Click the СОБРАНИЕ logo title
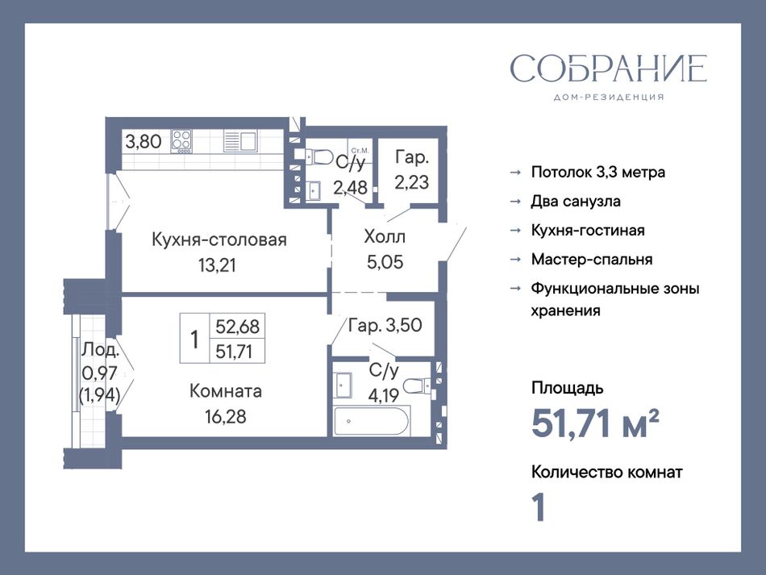click(x=608, y=69)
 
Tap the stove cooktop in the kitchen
click(x=181, y=142)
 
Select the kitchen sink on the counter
click(x=240, y=141)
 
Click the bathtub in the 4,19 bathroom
click(x=372, y=421)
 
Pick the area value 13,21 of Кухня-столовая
click(x=217, y=265)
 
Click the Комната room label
click(x=225, y=391)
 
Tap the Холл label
click(x=385, y=237)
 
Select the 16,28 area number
click(x=225, y=417)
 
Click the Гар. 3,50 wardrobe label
click(x=385, y=325)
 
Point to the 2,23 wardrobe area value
click(x=412, y=183)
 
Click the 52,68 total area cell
click(x=237, y=326)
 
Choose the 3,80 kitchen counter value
click(x=144, y=142)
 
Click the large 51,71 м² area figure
click(x=595, y=423)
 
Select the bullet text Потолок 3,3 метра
click(x=598, y=172)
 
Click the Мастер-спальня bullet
click(x=592, y=259)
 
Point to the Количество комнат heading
click(x=606, y=472)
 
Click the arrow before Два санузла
click(x=515, y=202)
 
